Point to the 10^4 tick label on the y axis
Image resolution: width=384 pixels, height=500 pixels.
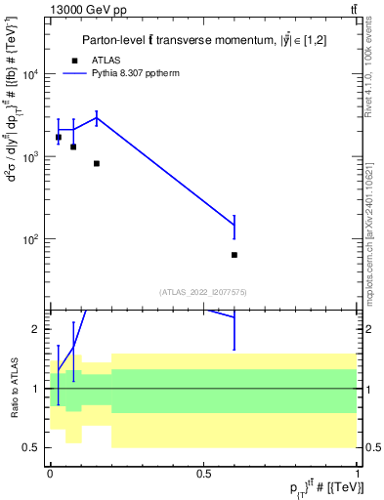click(x=31, y=74)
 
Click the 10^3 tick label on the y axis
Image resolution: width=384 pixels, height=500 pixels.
click(x=31, y=157)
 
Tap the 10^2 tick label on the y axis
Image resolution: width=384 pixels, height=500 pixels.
click(x=31, y=239)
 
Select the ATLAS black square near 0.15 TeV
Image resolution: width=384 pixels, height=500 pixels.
click(x=97, y=163)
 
